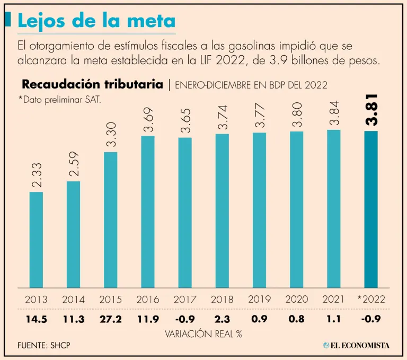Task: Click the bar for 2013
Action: point(36,239)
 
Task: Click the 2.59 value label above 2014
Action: point(73,164)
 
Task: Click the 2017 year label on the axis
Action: point(184,299)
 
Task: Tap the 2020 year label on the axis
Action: point(297,299)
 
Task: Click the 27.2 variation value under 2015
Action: point(110,320)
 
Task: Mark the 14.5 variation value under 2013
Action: point(36,320)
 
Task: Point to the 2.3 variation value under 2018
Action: point(222,320)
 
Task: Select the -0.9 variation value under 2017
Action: point(184,320)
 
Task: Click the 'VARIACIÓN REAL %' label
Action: point(203,333)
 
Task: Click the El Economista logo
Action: point(356,345)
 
